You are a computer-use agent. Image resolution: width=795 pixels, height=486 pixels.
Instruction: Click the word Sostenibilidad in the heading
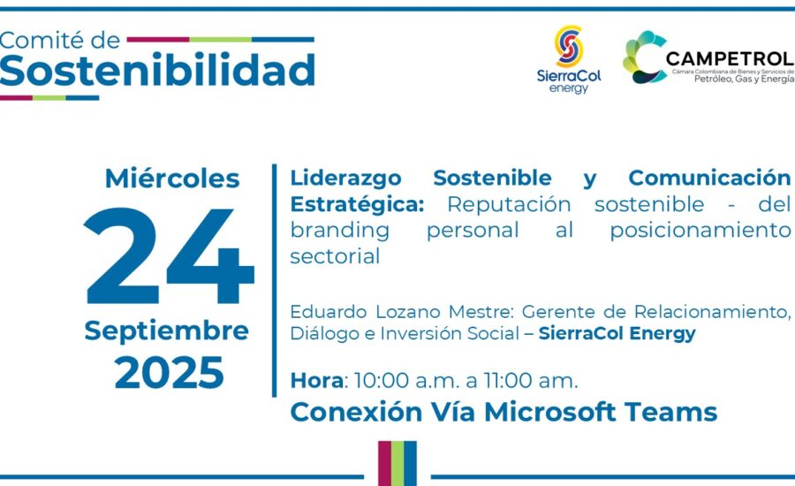pos(157,69)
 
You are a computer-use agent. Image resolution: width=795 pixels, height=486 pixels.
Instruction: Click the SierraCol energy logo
pos(569,59)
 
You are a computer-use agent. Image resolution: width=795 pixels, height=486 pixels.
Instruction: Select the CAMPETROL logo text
pos(730,58)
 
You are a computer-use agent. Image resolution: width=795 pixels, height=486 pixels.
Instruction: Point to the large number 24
pos(169,255)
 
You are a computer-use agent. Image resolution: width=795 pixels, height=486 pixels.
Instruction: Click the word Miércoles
pos(172,178)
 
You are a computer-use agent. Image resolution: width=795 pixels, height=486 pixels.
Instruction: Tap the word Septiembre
pos(166,331)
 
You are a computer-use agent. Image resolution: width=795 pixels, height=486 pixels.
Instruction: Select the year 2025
pos(169,373)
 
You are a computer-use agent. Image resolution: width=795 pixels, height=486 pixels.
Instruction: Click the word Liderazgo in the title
pos(345,178)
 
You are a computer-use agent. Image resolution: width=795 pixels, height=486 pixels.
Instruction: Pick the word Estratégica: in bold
pos(357,204)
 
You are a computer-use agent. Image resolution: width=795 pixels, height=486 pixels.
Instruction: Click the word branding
pos(340,231)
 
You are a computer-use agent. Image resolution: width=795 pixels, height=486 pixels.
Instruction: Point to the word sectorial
pos(335,256)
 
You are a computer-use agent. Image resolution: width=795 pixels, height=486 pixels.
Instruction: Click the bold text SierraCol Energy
pos(617,334)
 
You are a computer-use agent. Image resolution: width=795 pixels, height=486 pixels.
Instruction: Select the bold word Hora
pos(316,381)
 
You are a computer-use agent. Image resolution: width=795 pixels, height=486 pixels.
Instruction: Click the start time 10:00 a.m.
pos(406,381)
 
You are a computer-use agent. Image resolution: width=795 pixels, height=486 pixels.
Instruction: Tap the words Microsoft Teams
pos(601,412)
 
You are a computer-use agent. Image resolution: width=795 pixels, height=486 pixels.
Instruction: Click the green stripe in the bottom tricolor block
pos(397,464)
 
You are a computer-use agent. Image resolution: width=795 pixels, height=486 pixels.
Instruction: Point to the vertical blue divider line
pos(275,280)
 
